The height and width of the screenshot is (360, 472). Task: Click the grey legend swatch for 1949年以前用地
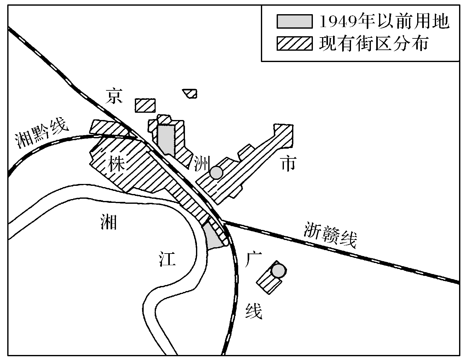pyautogui.click(x=294, y=21)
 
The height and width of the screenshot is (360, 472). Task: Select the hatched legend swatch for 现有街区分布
pyautogui.click(x=294, y=43)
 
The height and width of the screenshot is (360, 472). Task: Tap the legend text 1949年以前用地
pyautogui.click(x=384, y=21)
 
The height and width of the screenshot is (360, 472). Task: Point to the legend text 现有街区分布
pyautogui.click(x=374, y=43)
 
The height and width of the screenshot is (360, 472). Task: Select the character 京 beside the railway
pyautogui.click(x=113, y=96)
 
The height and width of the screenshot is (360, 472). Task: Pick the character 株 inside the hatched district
pyautogui.click(x=116, y=164)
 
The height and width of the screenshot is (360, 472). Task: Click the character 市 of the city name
pyautogui.click(x=288, y=164)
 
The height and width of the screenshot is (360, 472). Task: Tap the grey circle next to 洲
pyautogui.click(x=216, y=173)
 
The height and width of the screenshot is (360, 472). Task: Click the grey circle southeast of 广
pyautogui.click(x=278, y=271)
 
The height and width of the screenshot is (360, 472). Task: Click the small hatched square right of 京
pyautogui.click(x=145, y=105)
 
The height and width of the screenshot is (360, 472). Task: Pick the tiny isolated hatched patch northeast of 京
pyautogui.click(x=190, y=93)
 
